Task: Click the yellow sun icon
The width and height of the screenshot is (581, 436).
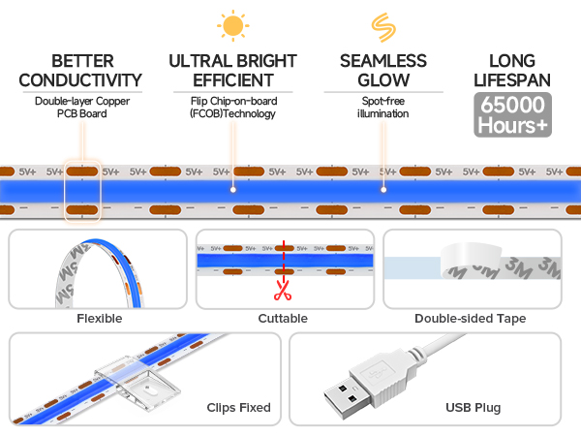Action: click(x=233, y=25)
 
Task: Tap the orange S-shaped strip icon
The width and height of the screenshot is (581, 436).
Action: click(x=383, y=27)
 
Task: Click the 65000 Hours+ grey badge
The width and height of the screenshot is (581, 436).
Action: click(x=512, y=114)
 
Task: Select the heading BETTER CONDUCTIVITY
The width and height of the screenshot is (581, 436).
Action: click(x=80, y=71)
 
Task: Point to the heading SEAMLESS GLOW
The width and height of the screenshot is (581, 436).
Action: click(x=383, y=71)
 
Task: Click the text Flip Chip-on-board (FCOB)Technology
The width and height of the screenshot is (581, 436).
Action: click(x=233, y=108)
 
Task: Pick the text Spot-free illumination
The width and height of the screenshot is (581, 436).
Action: click(x=383, y=108)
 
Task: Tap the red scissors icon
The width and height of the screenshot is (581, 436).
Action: click(x=283, y=291)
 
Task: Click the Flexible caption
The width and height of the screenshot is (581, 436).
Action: click(x=100, y=319)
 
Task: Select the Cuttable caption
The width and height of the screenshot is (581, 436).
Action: click(x=283, y=319)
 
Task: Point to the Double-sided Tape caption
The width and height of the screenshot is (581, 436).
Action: click(x=471, y=319)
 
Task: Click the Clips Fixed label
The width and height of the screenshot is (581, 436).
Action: click(x=238, y=408)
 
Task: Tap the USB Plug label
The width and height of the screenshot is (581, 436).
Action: click(x=474, y=408)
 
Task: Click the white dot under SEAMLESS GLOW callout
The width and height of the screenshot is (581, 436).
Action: click(x=383, y=190)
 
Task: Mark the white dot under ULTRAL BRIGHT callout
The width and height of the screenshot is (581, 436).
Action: click(x=233, y=190)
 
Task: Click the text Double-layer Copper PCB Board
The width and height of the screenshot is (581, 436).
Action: click(x=82, y=108)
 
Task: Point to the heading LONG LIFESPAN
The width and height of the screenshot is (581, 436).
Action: click(x=512, y=71)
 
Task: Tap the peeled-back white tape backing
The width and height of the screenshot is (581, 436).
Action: click(x=471, y=261)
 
